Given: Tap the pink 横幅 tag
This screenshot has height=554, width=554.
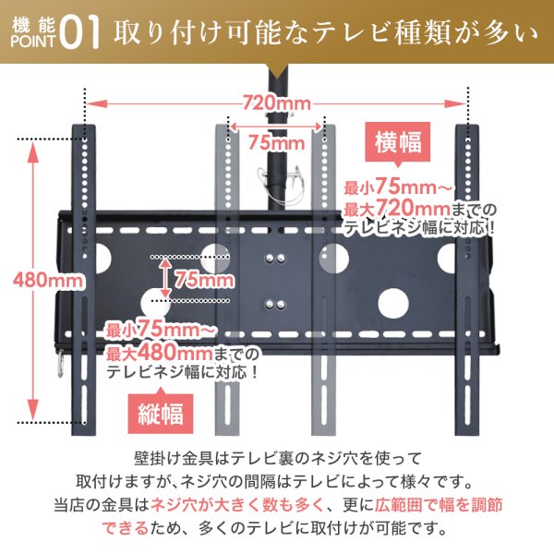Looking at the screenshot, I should click(x=398, y=143).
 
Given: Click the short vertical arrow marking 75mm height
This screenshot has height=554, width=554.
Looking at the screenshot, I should click(x=164, y=277).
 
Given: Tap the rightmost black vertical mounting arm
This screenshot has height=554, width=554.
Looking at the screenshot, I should click(x=472, y=277).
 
